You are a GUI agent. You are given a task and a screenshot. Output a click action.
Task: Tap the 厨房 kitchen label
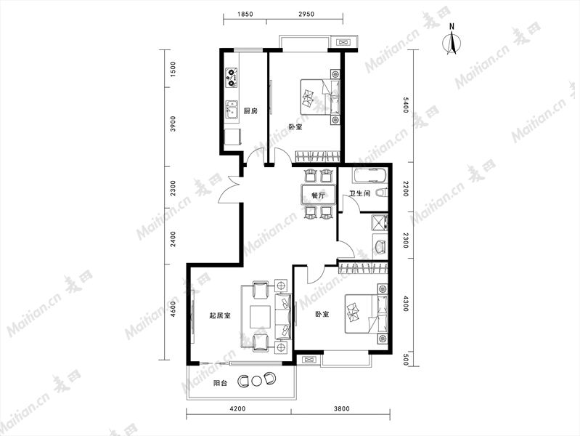(250, 110)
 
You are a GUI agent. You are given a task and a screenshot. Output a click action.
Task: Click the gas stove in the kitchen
(232, 78)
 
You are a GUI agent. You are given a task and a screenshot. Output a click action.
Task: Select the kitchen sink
(232, 110)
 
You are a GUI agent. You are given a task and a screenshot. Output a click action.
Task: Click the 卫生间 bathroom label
(360, 193)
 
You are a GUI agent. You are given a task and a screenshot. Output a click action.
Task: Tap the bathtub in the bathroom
(370, 176)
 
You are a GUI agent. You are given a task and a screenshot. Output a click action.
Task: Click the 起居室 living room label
(220, 315)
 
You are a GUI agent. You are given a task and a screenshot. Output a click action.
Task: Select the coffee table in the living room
(260, 317)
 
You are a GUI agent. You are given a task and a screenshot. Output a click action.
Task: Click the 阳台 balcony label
(220, 383)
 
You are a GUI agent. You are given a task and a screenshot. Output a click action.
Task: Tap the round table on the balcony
(256, 380)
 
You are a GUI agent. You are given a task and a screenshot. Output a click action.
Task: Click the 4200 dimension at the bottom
(237, 409)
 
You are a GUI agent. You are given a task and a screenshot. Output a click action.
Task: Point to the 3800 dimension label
(342, 409)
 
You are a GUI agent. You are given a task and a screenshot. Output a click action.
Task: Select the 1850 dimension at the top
(245, 15)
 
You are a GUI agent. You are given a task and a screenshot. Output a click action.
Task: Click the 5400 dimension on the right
(405, 105)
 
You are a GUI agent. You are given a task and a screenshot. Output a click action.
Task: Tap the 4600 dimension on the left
(173, 309)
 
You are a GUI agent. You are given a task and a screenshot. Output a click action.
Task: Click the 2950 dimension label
(306, 15)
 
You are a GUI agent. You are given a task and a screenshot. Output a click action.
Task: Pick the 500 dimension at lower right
(405, 360)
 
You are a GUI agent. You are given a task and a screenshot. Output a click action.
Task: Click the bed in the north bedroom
(320, 97)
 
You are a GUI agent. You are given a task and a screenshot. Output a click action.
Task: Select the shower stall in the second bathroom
(380, 222)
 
